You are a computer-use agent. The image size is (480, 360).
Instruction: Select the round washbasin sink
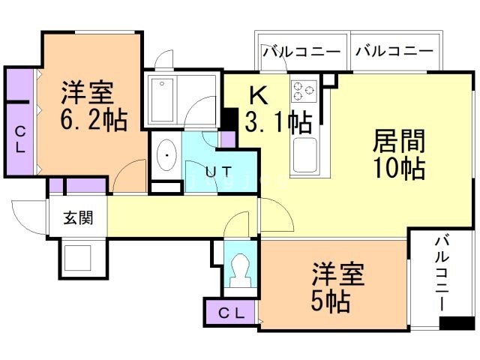166,155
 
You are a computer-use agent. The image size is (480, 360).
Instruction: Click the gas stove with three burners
303,91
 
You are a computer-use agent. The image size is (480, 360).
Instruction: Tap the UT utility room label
218,171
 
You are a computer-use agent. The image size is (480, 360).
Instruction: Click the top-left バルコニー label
301,52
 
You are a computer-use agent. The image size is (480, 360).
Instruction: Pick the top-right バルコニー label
394,52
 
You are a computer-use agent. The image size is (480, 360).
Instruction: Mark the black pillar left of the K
230,118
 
